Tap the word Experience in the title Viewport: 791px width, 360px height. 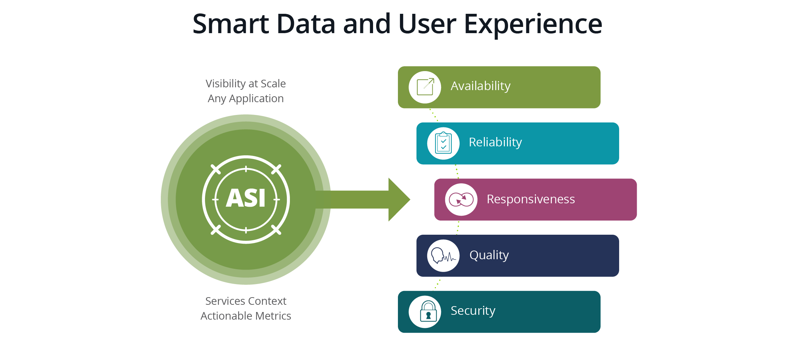click(533, 25)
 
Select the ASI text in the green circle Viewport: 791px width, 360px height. click(246, 198)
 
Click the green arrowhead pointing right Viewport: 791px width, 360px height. click(399, 200)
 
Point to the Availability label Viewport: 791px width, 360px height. click(480, 86)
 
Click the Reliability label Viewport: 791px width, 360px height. click(495, 142)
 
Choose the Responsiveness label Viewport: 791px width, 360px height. click(531, 199)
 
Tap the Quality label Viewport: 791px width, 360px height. click(489, 255)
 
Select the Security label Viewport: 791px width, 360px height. click(473, 311)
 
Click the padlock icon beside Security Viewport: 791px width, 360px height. click(428, 311)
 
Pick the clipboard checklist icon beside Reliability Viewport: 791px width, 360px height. click(443, 143)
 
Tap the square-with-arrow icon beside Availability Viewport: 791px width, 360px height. click(426, 86)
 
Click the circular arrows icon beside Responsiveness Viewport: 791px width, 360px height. click(461, 200)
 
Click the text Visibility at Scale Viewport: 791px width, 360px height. click(246, 84)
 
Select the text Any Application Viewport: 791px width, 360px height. click(246, 99)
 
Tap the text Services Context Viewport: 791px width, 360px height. click(246, 301)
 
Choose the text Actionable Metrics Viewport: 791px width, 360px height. click(246, 316)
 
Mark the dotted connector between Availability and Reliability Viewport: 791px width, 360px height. click(434, 115)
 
